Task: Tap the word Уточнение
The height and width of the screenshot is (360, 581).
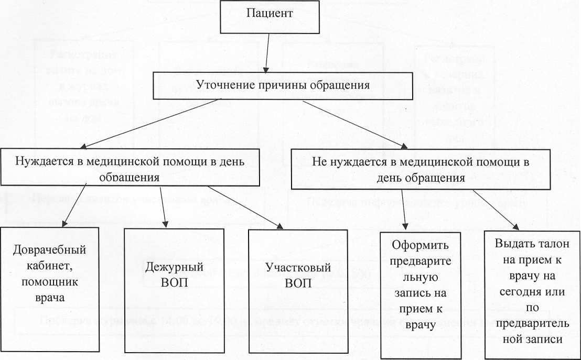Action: pos(222,84)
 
